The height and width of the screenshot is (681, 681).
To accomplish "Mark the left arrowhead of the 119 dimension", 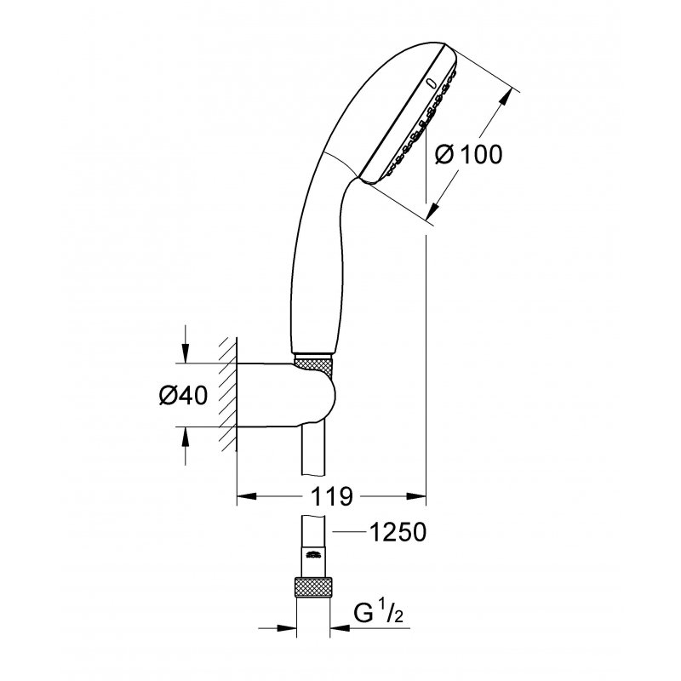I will [x=243, y=495].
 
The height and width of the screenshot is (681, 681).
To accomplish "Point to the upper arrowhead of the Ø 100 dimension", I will [x=512, y=94].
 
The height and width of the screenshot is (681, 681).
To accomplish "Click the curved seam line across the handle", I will [x=341, y=161].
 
